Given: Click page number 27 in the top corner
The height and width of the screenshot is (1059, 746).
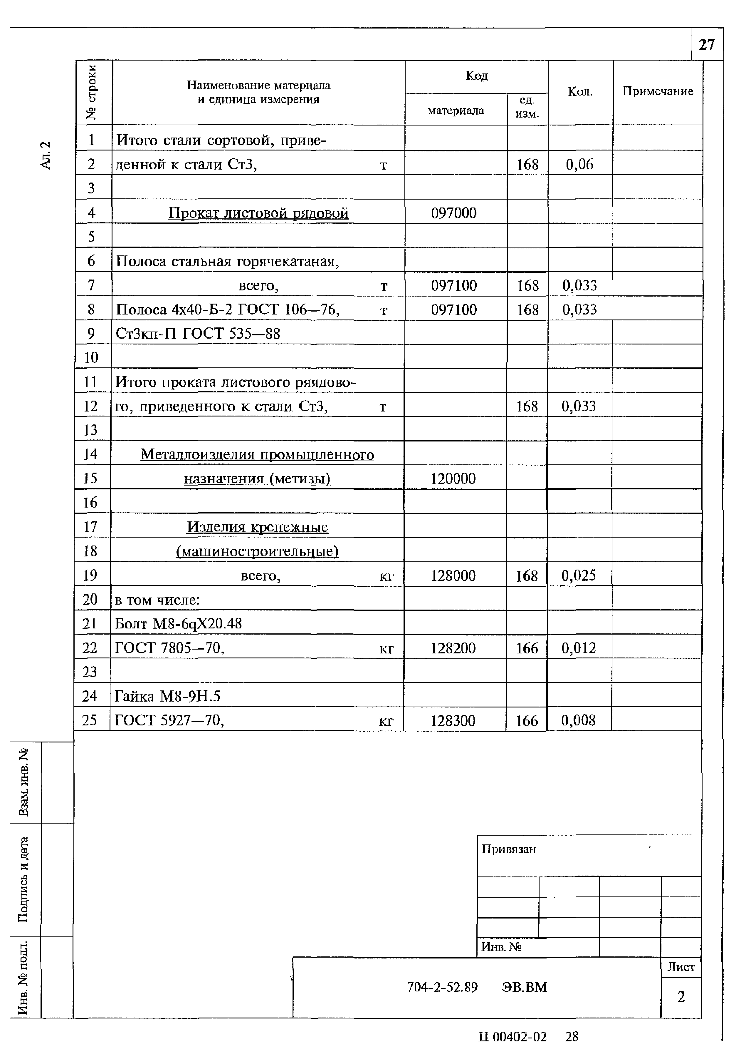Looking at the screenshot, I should click(x=706, y=45).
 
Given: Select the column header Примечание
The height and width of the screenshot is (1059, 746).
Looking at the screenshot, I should click(x=658, y=91).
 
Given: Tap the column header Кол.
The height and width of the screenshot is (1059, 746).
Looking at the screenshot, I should click(x=580, y=92).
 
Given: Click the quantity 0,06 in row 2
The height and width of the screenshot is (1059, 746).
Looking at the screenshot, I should click(x=579, y=164).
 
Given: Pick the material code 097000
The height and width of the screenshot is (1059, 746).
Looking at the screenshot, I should click(x=453, y=213).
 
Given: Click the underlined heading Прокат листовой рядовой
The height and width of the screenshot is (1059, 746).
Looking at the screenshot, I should click(x=258, y=213).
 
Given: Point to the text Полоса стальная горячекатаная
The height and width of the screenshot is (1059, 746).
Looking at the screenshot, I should click(x=227, y=262).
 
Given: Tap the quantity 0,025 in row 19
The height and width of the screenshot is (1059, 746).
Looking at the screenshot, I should click(x=578, y=575).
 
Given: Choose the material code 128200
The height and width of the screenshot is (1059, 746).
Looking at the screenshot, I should click(x=453, y=648).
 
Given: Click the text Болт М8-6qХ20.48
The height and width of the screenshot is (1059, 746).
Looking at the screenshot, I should click(x=178, y=624).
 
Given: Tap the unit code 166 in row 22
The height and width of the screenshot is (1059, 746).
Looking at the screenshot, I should click(x=527, y=648).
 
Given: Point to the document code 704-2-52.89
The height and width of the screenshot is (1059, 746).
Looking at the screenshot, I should click(x=442, y=987).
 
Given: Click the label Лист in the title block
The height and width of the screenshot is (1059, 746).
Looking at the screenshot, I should click(x=681, y=967).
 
